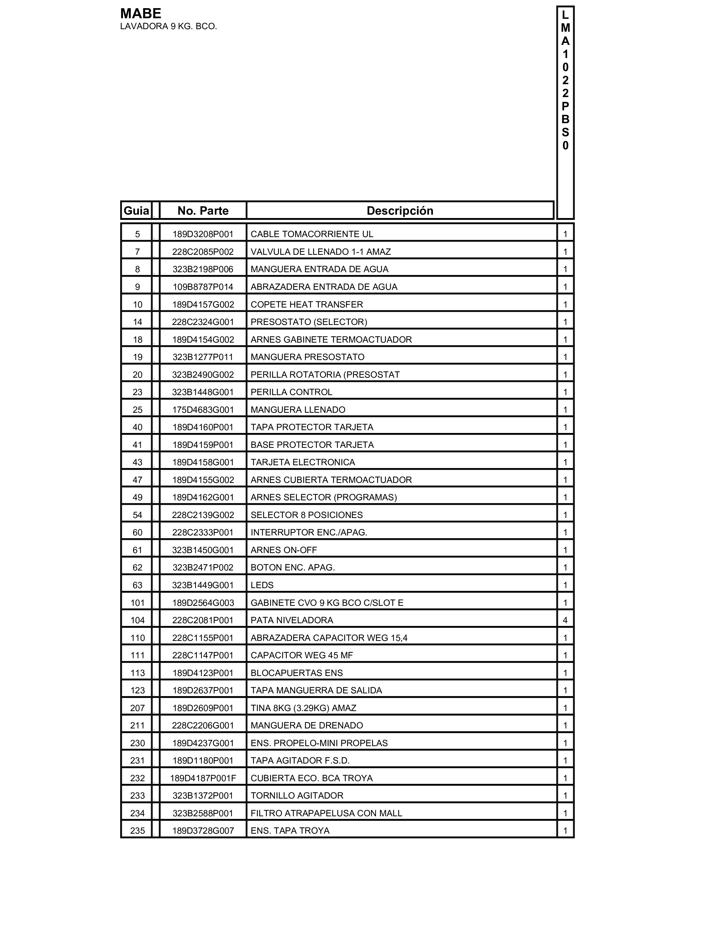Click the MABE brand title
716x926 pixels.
click(140, 13)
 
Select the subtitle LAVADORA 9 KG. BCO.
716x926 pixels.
click(168, 27)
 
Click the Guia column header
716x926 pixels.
click(136, 211)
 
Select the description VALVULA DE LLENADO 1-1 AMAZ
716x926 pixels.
click(320, 252)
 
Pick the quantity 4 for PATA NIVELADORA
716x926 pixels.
click(565, 620)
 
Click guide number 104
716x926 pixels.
click(137, 620)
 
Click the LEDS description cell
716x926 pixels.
click(262, 585)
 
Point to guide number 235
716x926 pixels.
click(137, 831)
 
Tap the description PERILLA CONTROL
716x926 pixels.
click(291, 392)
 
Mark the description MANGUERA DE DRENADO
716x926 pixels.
click(307, 725)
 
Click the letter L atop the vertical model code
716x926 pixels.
click(565, 15)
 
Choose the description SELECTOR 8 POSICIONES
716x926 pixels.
click(307, 515)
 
